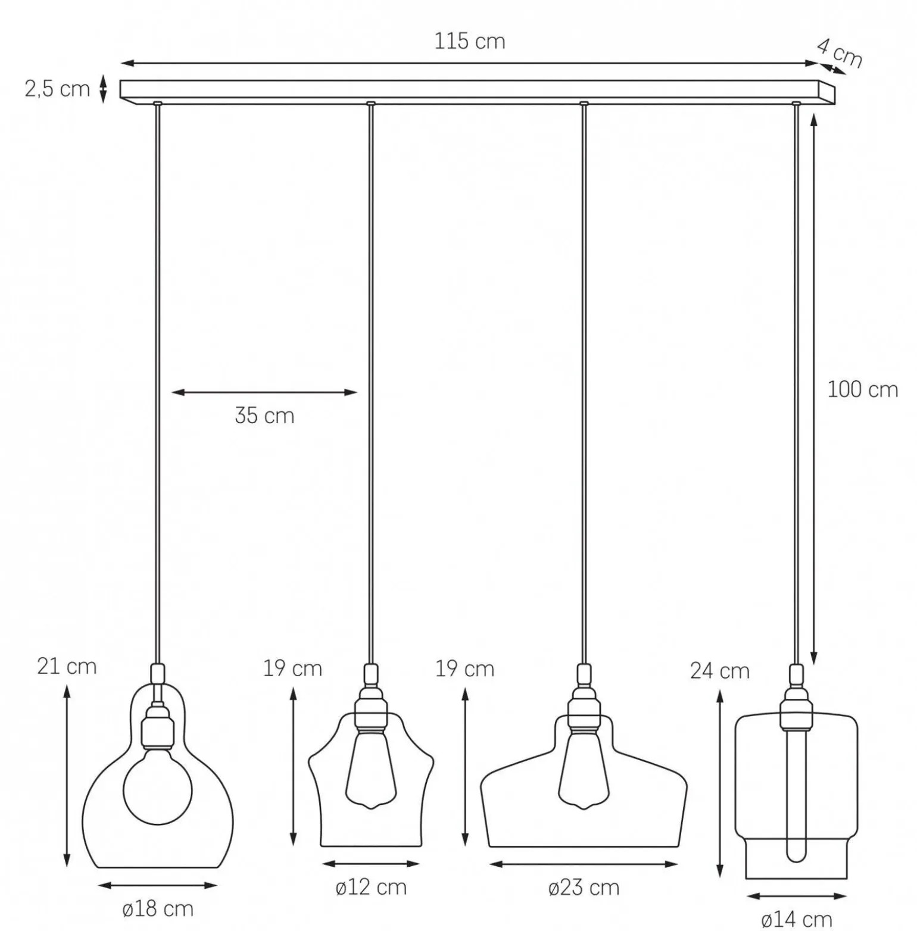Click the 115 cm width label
coord(469,41)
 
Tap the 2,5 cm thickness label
coord(57,89)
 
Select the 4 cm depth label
coord(840,53)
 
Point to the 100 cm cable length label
coord(862,389)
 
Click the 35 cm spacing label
coord(264,415)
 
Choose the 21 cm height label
coord(67,666)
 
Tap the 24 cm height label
coord(719,671)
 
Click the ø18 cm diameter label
coord(158,909)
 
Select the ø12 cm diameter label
coord(371,888)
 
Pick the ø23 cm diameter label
coord(584,888)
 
